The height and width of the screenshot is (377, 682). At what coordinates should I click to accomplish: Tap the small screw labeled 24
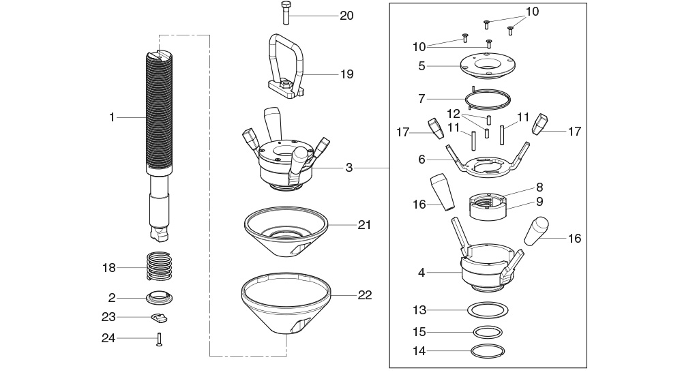point(159,338)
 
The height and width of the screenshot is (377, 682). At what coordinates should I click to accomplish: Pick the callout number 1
point(112,117)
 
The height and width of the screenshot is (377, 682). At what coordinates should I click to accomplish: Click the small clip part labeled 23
point(160,317)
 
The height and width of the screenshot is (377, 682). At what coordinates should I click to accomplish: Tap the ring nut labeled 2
point(160,297)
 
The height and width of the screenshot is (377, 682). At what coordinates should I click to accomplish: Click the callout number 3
point(349,167)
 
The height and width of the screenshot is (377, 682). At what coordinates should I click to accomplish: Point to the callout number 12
point(454,112)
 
